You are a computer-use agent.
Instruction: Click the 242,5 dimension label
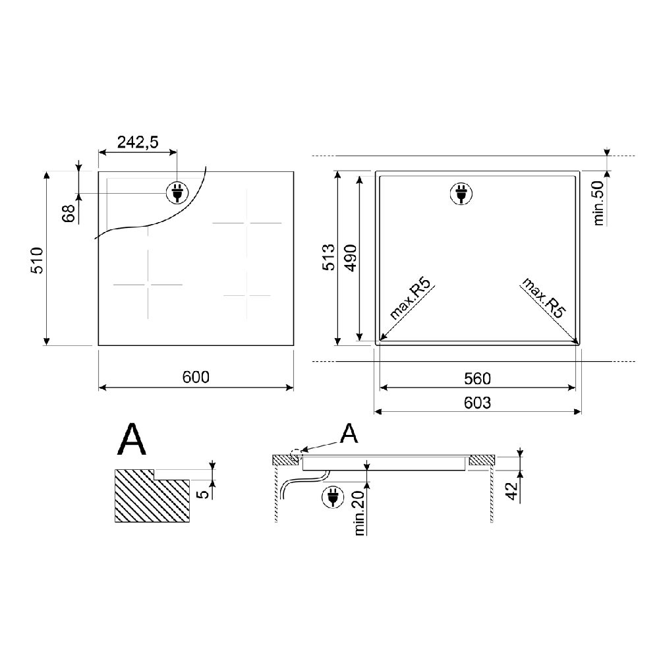click(x=138, y=142)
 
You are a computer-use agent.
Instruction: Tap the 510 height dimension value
click(x=38, y=260)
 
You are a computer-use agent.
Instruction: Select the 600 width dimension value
click(x=196, y=377)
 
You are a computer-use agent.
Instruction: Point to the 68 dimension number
click(x=69, y=213)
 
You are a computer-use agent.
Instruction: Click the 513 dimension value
click(x=329, y=257)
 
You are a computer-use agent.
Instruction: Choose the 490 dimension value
click(x=350, y=258)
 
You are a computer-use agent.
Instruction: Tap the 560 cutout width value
click(x=477, y=379)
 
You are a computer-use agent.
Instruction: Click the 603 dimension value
click(x=477, y=403)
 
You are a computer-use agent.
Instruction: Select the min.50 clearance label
click(x=598, y=204)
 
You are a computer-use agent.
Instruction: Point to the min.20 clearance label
click(x=359, y=513)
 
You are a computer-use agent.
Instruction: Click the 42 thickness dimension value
click(x=511, y=491)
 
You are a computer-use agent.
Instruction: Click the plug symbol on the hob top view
click(x=177, y=193)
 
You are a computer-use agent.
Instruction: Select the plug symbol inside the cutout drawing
click(x=461, y=194)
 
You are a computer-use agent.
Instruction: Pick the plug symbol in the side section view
click(x=332, y=497)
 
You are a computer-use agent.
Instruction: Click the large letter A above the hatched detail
click(x=132, y=439)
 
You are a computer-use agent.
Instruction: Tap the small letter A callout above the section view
click(x=349, y=434)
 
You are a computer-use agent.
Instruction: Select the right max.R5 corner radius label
click(x=544, y=298)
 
